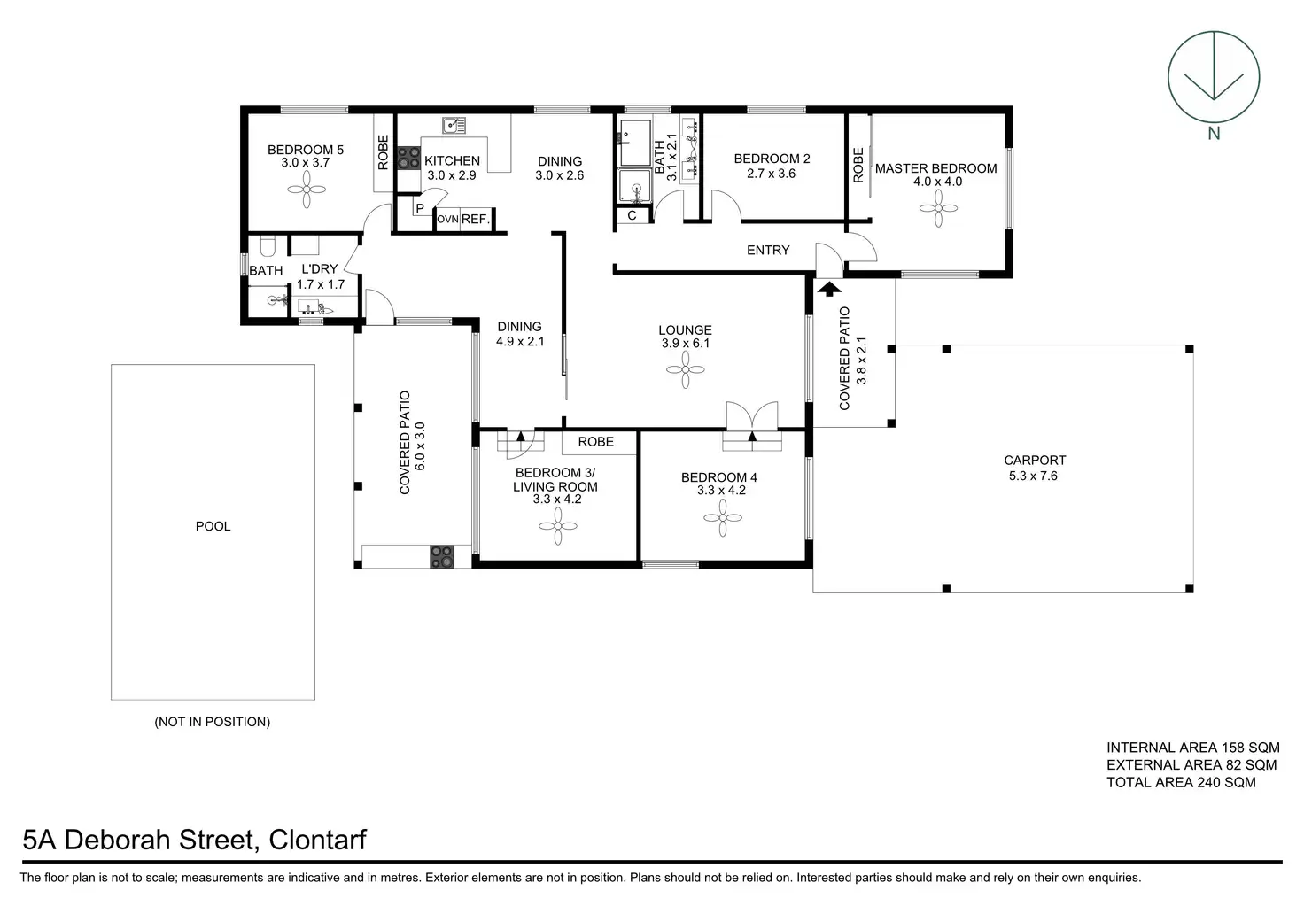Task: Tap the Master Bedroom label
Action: click(x=935, y=168)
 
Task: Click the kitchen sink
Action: click(x=454, y=125)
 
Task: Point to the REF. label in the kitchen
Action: click(x=476, y=219)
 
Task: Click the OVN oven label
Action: click(x=447, y=219)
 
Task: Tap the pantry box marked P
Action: click(x=420, y=209)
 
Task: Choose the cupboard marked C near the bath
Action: click(x=633, y=215)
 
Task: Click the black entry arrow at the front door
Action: click(x=828, y=288)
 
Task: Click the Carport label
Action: click(x=1035, y=461)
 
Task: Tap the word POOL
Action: click(x=213, y=526)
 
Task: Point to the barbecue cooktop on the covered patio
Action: click(x=441, y=556)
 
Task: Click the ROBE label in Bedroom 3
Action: click(x=596, y=441)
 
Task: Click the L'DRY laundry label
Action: click(x=320, y=269)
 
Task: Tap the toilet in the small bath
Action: click(x=267, y=245)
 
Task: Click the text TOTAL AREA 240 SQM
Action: click(x=1181, y=782)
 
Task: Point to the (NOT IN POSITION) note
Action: click(x=213, y=722)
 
